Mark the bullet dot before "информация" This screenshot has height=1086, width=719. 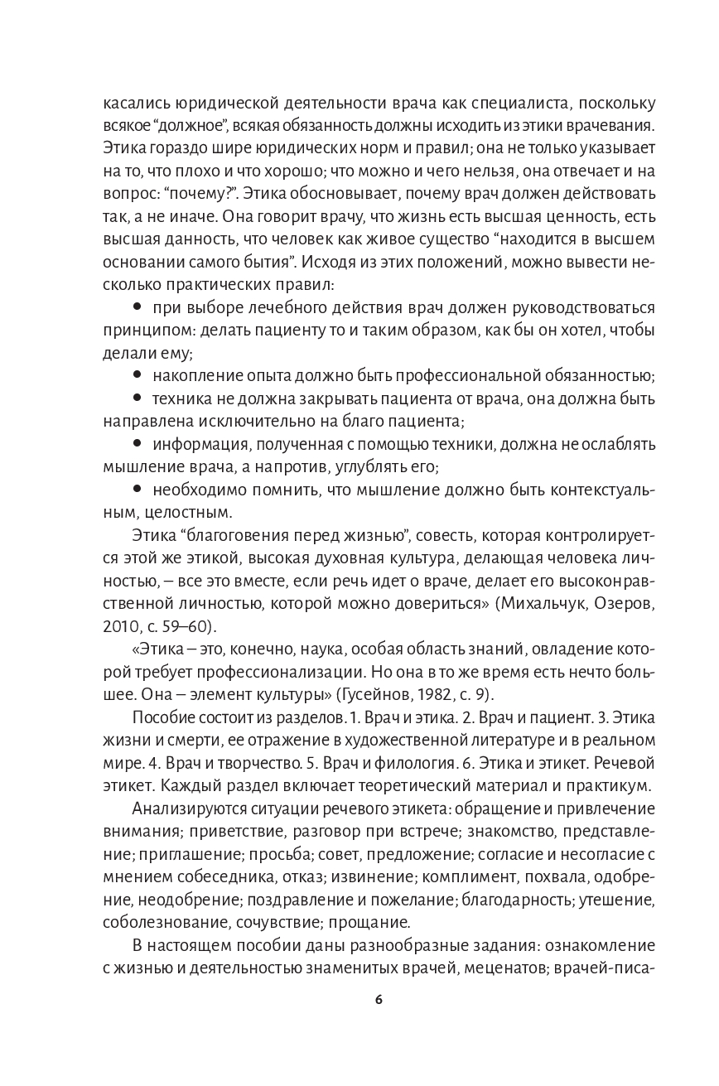tap(138, 440)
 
